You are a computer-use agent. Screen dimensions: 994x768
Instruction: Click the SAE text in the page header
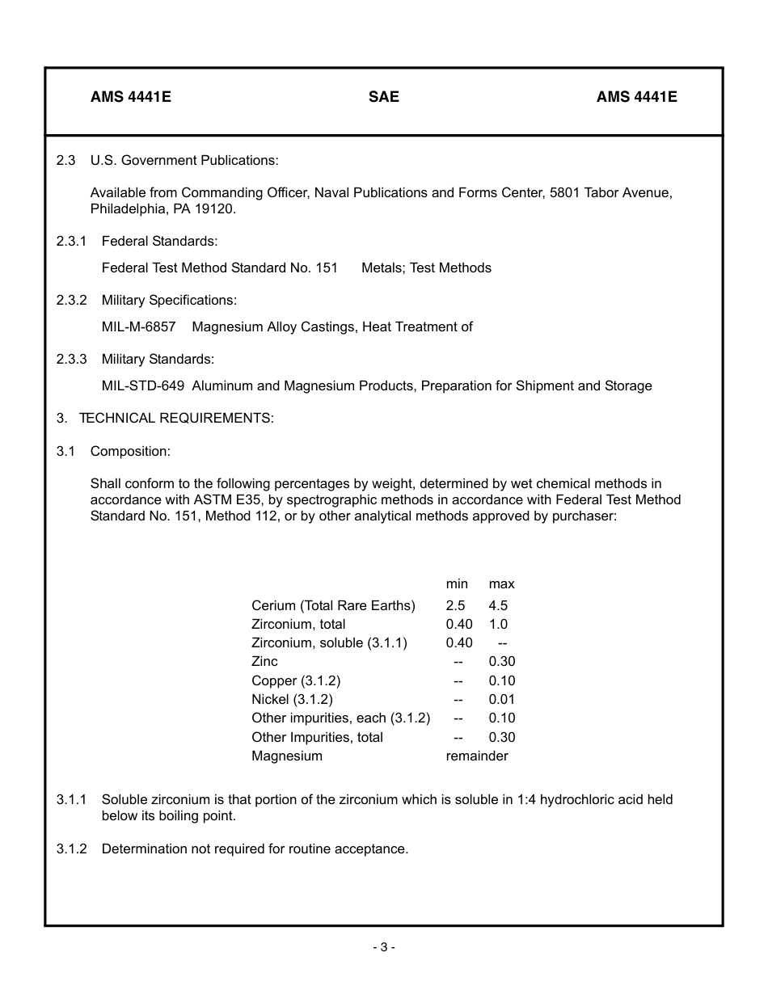point(383,97)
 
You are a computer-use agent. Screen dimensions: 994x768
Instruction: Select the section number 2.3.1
point(71,241)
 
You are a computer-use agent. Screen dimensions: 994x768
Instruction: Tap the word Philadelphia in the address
point(127,209)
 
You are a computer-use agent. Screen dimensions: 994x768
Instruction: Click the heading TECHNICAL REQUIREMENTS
point(176,418)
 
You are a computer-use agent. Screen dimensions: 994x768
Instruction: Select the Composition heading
point(130,451)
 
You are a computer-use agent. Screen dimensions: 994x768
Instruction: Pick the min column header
point(457,583)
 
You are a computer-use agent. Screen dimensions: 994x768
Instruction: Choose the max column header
point(501,583)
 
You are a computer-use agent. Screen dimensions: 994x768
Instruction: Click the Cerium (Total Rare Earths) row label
point(333,605)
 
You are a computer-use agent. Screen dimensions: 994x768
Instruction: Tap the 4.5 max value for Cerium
point(498,605)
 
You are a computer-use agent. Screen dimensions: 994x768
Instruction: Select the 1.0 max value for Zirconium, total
point(498,624)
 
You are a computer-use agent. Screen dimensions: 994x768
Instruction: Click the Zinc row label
point(264,661)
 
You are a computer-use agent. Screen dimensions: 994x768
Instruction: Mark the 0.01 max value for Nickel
point(501,699)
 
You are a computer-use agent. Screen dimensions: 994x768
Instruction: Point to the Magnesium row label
point(286,756)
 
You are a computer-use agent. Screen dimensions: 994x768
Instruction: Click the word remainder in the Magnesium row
point(477,756)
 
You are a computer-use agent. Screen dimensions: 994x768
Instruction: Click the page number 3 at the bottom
point(384,947)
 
